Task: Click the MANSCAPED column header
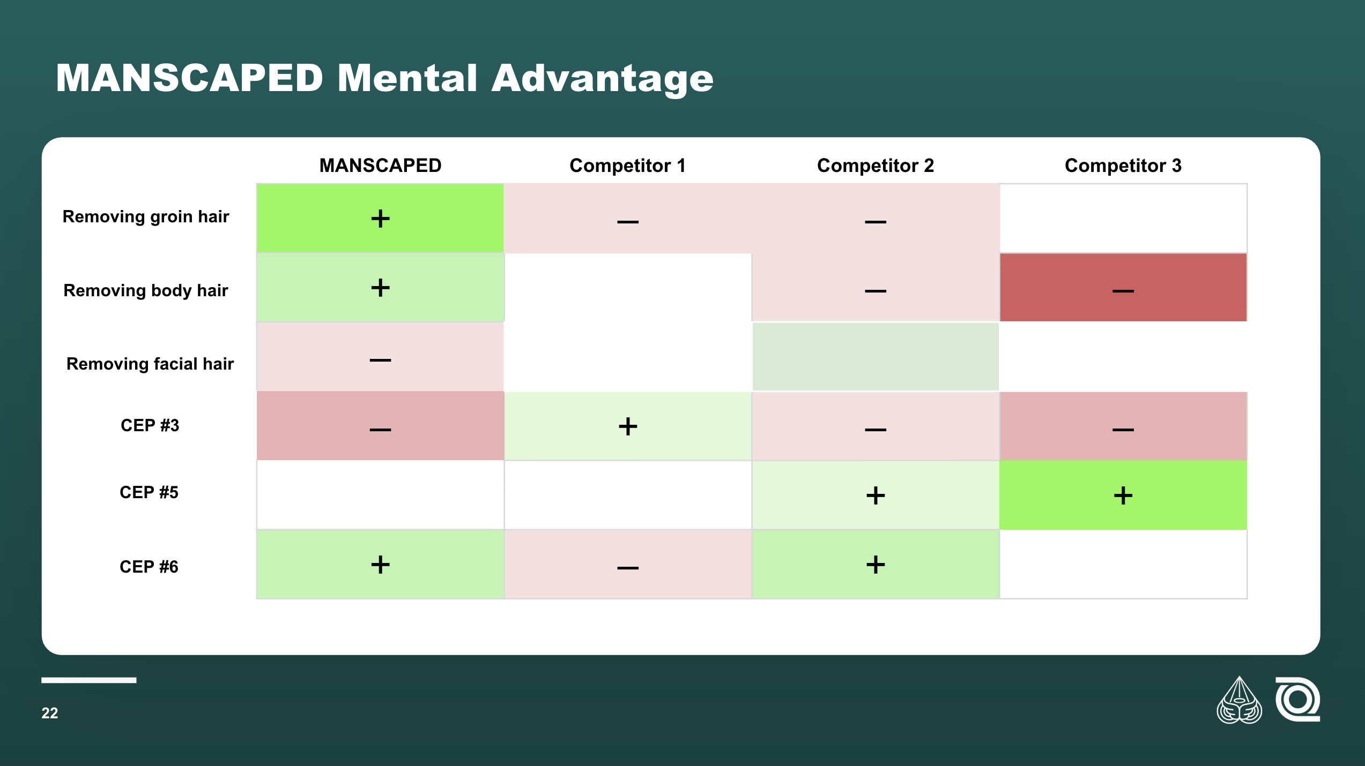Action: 380,166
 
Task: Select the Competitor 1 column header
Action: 627,166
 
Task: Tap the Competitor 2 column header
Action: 875,166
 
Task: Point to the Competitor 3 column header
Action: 1123,166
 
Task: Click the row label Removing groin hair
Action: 146,216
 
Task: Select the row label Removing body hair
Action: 146,290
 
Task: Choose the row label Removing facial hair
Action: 150,364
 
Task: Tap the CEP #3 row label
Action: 150,425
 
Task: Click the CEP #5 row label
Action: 149,492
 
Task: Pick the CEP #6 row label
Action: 149,567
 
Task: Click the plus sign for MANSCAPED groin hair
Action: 380,219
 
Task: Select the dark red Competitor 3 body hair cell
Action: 1123,287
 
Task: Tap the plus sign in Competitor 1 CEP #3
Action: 628,426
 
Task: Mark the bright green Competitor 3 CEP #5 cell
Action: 1123,495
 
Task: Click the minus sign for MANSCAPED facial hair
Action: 380,360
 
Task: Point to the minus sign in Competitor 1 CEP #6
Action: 628,567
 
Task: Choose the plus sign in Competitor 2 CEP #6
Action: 876,565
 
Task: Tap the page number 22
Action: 50,713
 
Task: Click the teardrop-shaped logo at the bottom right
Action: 1239,700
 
